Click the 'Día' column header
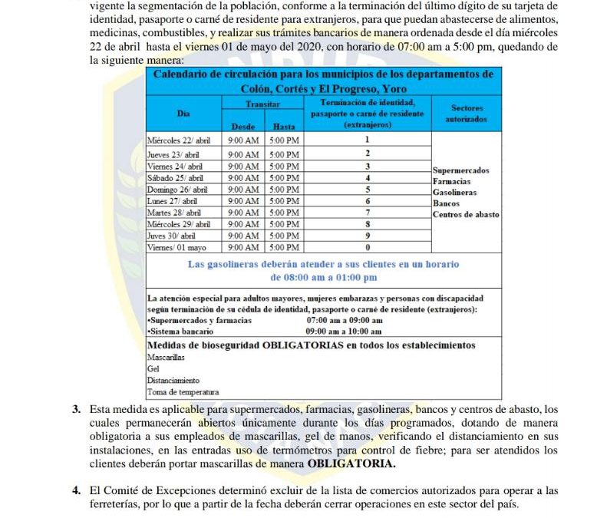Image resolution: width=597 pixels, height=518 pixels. pos(183,113)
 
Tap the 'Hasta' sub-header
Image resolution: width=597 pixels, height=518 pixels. pos(283,126)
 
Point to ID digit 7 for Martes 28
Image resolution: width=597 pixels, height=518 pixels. pos(368,212)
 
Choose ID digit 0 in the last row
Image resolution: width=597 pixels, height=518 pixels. pos(368,247)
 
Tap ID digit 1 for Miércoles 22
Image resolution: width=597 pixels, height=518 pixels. pos(368,140)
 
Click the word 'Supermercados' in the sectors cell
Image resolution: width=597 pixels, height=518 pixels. pos(460,170)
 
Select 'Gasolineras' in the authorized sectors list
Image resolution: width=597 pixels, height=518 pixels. pos(455,193)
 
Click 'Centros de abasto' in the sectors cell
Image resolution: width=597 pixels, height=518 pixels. pos(466,214)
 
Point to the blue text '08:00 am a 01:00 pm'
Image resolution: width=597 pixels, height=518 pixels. pos(324,277)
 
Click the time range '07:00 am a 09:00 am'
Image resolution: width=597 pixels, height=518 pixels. pos(345,319)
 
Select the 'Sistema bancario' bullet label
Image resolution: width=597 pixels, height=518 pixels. pos(181,331)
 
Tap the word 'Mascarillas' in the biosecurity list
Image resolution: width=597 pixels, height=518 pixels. pos(165,357)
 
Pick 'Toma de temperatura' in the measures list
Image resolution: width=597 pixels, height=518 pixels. pos(183,391)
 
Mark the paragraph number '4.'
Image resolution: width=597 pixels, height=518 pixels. pos(77,490)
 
